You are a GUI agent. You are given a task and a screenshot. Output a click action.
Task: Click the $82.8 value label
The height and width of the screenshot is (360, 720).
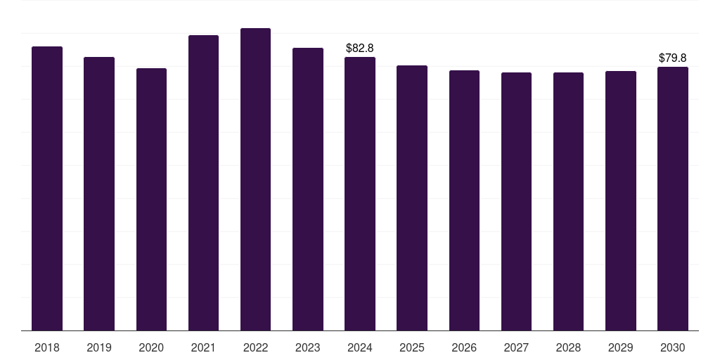(x=360, y=48)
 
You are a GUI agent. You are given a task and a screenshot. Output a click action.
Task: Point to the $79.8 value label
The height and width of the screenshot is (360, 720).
(x=673, y=58)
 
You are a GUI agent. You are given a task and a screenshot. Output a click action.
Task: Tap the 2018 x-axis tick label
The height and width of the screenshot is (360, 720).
(x=47, y=348)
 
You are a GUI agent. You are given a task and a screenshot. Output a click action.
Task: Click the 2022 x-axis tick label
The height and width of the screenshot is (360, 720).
(x=255, y=348)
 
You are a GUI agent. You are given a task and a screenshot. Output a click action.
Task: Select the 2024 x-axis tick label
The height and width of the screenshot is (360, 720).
(x=360, y=348)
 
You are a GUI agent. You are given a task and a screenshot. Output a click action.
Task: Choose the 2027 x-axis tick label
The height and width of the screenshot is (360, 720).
(x=516, y=348)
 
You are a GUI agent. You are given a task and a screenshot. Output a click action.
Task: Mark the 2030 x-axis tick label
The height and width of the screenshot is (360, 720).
(x=673, y=348)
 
